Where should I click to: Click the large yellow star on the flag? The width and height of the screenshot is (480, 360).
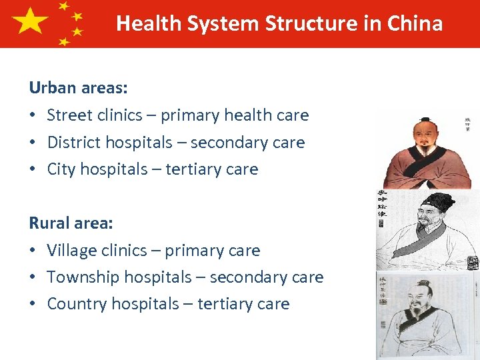pos(30,22)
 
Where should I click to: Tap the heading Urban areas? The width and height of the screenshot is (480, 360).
pos(79,87)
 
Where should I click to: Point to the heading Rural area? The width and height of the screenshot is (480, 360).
pos(71,223)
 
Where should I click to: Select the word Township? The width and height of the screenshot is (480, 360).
pos(82,277)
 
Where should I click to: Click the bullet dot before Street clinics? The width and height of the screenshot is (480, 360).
pos(33,115)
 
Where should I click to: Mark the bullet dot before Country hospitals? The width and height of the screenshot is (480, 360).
pos(33,304)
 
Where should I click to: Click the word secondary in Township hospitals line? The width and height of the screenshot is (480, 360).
pos(249,277)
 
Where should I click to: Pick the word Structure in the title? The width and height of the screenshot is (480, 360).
pos(306,24)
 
